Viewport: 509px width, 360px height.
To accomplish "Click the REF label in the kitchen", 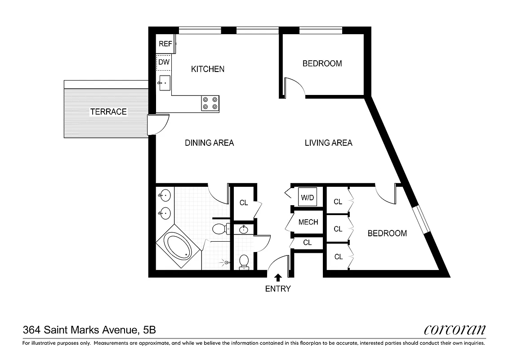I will tap(165, 44).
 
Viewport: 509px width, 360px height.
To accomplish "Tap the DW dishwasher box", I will tap(164, 63).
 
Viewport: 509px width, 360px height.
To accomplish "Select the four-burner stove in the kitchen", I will tap(210, 103).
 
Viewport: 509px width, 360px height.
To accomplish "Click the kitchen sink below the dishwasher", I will tap(164, 83).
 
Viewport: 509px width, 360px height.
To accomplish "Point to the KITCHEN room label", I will tap(207, 69).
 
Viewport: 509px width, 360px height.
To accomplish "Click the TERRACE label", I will tap(108, 112).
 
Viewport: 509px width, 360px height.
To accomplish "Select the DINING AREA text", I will tap(209, 143).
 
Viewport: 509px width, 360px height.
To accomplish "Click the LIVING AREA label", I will tap(328, 143).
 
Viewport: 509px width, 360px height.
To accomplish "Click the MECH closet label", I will tap(308, 222).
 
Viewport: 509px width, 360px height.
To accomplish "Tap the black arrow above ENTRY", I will tap(278, 278).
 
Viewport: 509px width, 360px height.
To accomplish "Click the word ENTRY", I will tap(278, 289).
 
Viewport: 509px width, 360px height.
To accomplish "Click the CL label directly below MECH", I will tap(307, 243).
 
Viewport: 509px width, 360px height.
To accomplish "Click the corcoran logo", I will tap(455, 330).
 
